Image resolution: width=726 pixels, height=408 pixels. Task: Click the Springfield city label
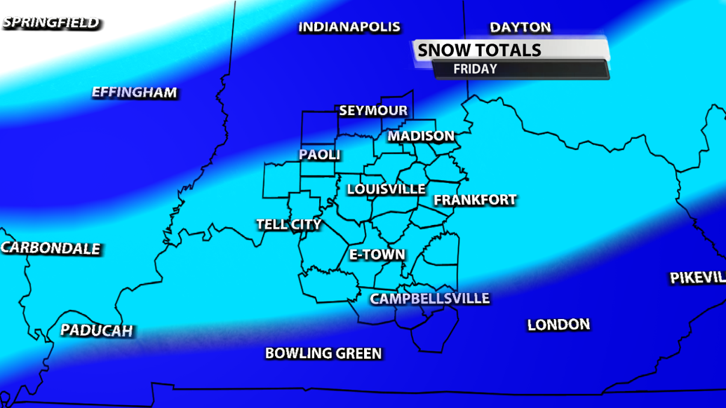coord(51,23)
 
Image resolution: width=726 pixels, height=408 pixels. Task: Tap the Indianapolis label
coord(349,27)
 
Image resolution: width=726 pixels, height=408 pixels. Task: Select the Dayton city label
coord(520,27)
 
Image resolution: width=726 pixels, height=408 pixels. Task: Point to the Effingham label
coord(135,93)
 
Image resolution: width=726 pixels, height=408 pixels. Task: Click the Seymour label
coord(373,111)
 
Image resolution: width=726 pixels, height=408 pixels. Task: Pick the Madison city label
coord(421,136)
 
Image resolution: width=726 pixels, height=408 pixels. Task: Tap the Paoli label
coord(320,155)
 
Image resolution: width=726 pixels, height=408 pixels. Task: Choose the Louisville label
coord(386,189)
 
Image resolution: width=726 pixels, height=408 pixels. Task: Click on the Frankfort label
coord(475,200)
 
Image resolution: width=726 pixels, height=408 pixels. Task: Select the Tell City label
coord(288,224)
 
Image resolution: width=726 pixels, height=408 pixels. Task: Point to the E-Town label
coord(377,254)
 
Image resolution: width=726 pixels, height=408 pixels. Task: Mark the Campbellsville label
coord(429,299)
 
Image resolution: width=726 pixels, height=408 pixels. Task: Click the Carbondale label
coord(51,248)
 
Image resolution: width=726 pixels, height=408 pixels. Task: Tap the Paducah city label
coord(96,330)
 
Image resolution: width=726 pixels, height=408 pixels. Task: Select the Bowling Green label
coord(323,353)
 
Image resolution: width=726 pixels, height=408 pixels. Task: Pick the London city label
coord(558,325)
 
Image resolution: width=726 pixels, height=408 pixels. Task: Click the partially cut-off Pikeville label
coord(697,278)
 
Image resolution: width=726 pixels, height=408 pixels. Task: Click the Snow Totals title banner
coord(511,50)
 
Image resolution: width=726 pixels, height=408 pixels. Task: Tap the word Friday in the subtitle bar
coord(475,69)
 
